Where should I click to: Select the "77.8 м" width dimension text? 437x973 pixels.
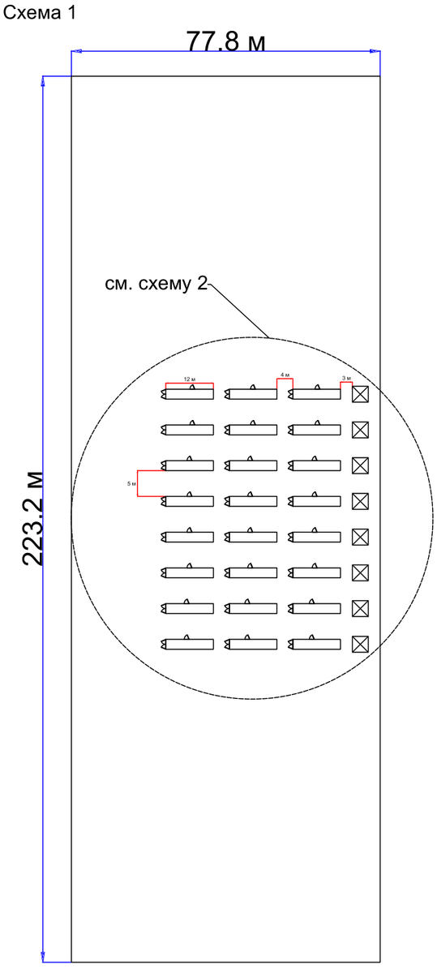pyautogui.click(x=225, y=41)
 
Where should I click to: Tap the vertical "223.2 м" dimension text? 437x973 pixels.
pyautogui.click(x=32, y=519)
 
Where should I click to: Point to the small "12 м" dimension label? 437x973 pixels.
pyautogui.click(x=189, y=379)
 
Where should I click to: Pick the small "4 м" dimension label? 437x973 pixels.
pyautogui.click(x=285, y=375)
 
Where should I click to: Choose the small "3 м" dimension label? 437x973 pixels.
pyautogui.click(x=346, y=379)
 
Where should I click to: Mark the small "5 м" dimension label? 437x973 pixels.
pyautogui.click(x=131, y=483)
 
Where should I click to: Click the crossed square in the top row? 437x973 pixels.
pyautogui.click(x=360, y=394)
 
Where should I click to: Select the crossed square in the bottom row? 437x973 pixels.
pyautogui.click(x=360, y=644)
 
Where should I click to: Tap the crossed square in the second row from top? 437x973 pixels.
pyautogui.click(x=360, y=430)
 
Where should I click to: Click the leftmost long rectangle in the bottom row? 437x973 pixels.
pyautogui.click(x=189, y=644)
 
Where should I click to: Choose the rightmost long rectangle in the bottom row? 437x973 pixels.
pyautogui.click(x=315, y=644)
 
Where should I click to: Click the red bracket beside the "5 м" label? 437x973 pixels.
pyautogui.click(x=138, y=483)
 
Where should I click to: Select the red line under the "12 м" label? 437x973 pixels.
pyautogui.click(x=190, y=384)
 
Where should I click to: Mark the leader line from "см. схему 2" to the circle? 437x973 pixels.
pyautogui.click(x=239, y=308)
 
